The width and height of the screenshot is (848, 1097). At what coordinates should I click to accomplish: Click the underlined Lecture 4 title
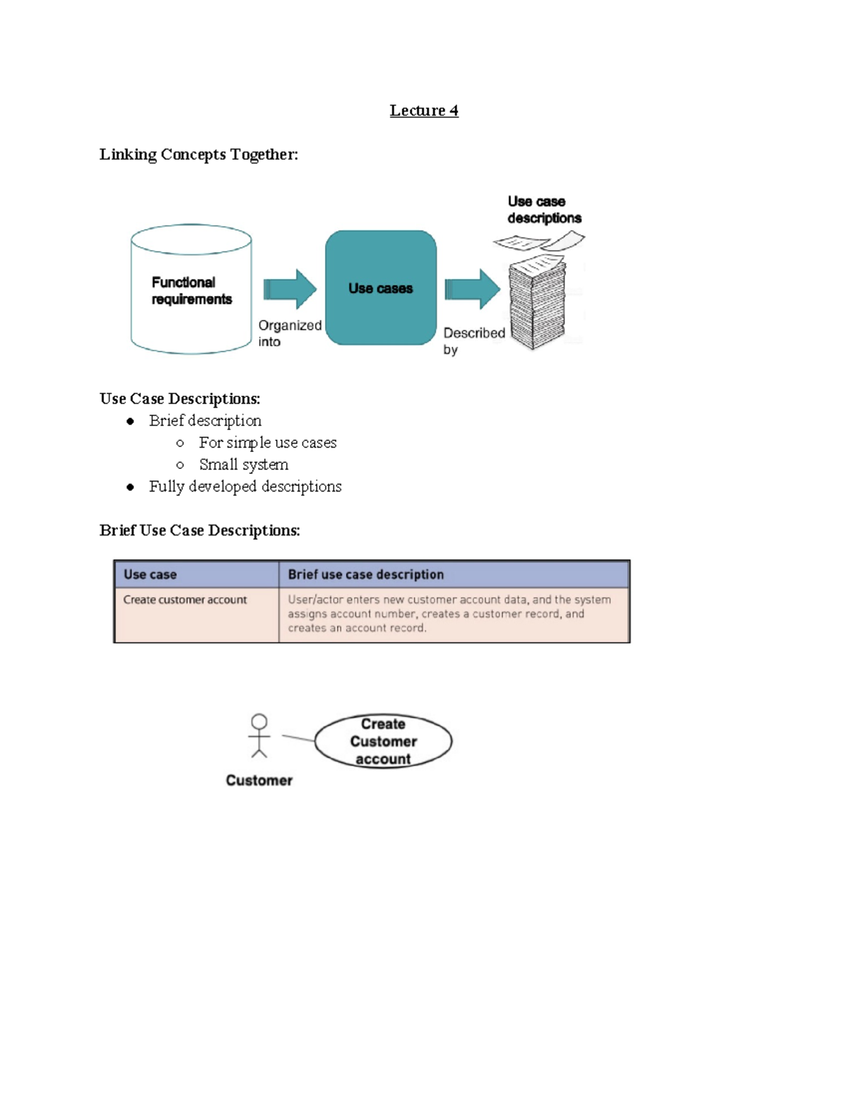coord(423,111)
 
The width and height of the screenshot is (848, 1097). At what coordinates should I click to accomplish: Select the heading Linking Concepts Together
coord(199,155)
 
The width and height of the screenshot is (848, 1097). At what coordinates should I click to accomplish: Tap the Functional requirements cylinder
coord(191,290)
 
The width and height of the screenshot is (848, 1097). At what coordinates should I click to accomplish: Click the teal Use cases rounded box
coord(380,288)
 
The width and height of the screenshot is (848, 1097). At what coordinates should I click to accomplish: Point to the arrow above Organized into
coord(290,289)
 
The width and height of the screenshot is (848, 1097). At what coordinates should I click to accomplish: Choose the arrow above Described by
coord(472,289)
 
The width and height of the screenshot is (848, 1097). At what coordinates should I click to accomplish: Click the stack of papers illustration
coord(538,304)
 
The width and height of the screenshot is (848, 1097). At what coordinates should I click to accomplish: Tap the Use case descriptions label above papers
coord(543,210)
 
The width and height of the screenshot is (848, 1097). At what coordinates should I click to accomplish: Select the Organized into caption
coord(289,333)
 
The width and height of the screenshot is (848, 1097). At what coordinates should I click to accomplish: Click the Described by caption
coord(473,340)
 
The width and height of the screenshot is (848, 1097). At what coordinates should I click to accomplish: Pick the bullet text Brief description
coord(205,421)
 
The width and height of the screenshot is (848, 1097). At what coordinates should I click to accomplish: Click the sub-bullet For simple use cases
coord(267,443)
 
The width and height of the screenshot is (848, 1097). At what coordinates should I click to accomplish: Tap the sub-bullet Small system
coord(243,465)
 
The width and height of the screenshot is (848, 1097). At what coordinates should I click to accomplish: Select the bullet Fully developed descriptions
coord(245,487)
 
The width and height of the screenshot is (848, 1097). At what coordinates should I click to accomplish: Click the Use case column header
coord(150,575)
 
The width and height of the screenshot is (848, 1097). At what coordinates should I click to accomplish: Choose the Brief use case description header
coord(365,575)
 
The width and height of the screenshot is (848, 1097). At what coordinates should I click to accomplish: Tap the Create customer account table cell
coord(185,600)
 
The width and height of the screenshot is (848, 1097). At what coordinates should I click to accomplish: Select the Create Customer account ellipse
coord(383,741)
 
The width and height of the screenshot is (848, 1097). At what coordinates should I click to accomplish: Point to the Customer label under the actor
coord(259,781)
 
